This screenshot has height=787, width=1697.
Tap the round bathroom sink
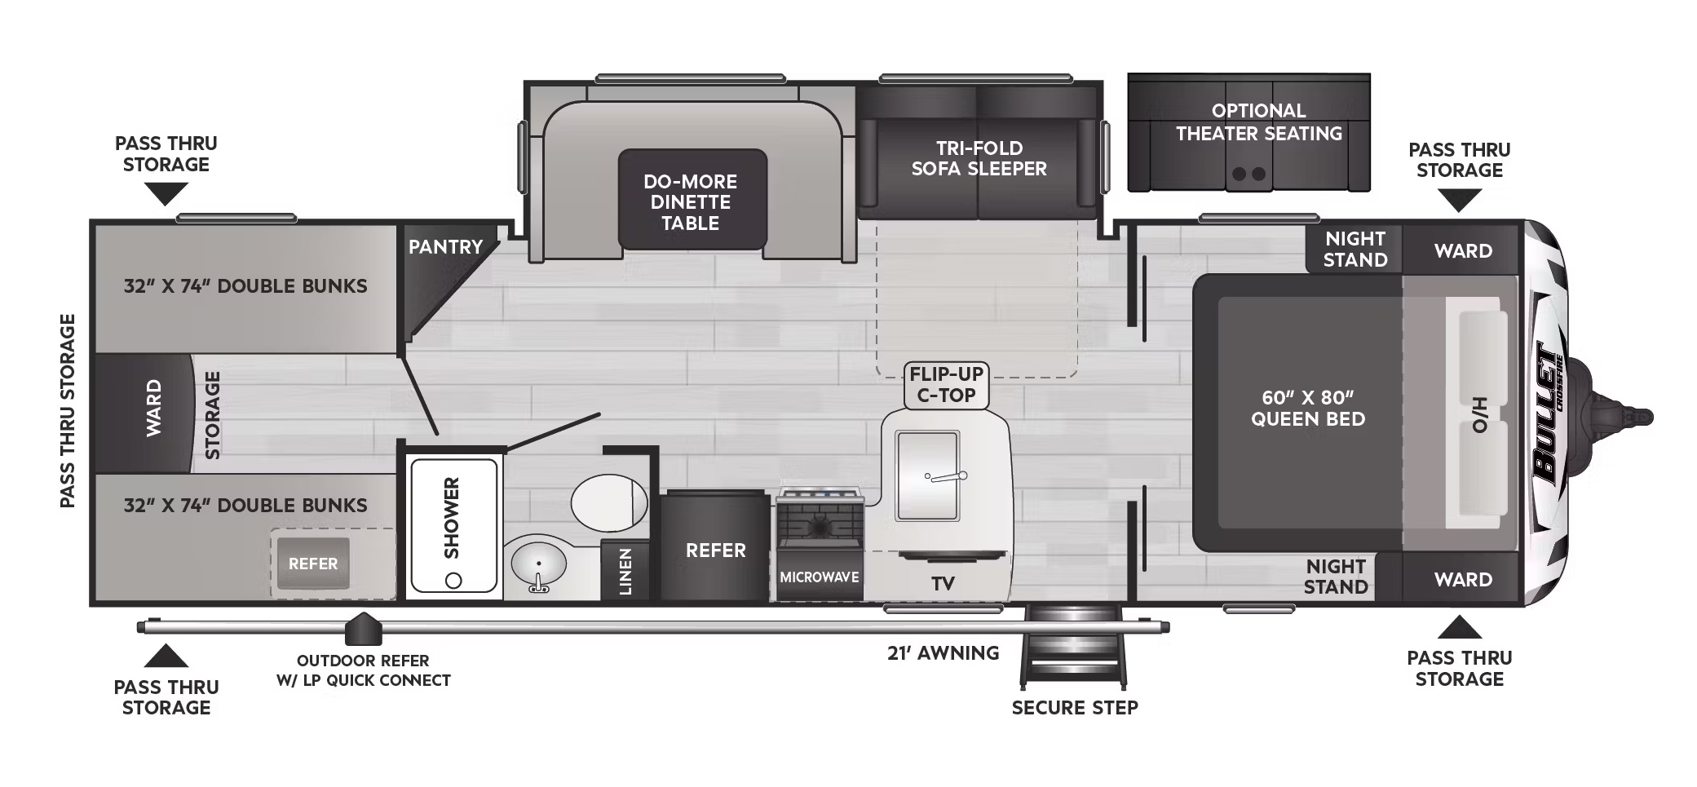[x=539, y=564]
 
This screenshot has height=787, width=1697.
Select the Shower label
[x=452, y=518]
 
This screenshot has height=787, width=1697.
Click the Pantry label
[x=445, y=246]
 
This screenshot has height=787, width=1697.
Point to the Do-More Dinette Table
[x=692, y=200]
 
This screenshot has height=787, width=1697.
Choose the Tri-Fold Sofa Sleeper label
[x=979, y=158]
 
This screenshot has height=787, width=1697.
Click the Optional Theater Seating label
[x=1258, y=122]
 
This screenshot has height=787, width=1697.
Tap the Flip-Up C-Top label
[x=946, y=385]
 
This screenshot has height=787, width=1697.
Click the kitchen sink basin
[x=927, y=476]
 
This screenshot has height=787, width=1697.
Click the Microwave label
[x=820, y=577]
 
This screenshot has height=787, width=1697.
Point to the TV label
[x=944, y=584]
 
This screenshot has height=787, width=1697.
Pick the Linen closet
[x=625, y=570]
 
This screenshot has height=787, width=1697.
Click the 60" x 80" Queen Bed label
[x=1307, y=408]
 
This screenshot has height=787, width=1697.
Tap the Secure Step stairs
[x=1074, y=648]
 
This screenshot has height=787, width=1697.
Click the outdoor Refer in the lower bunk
[x=313, y=564]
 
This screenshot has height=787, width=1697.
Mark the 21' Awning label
[x=943, y=653]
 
